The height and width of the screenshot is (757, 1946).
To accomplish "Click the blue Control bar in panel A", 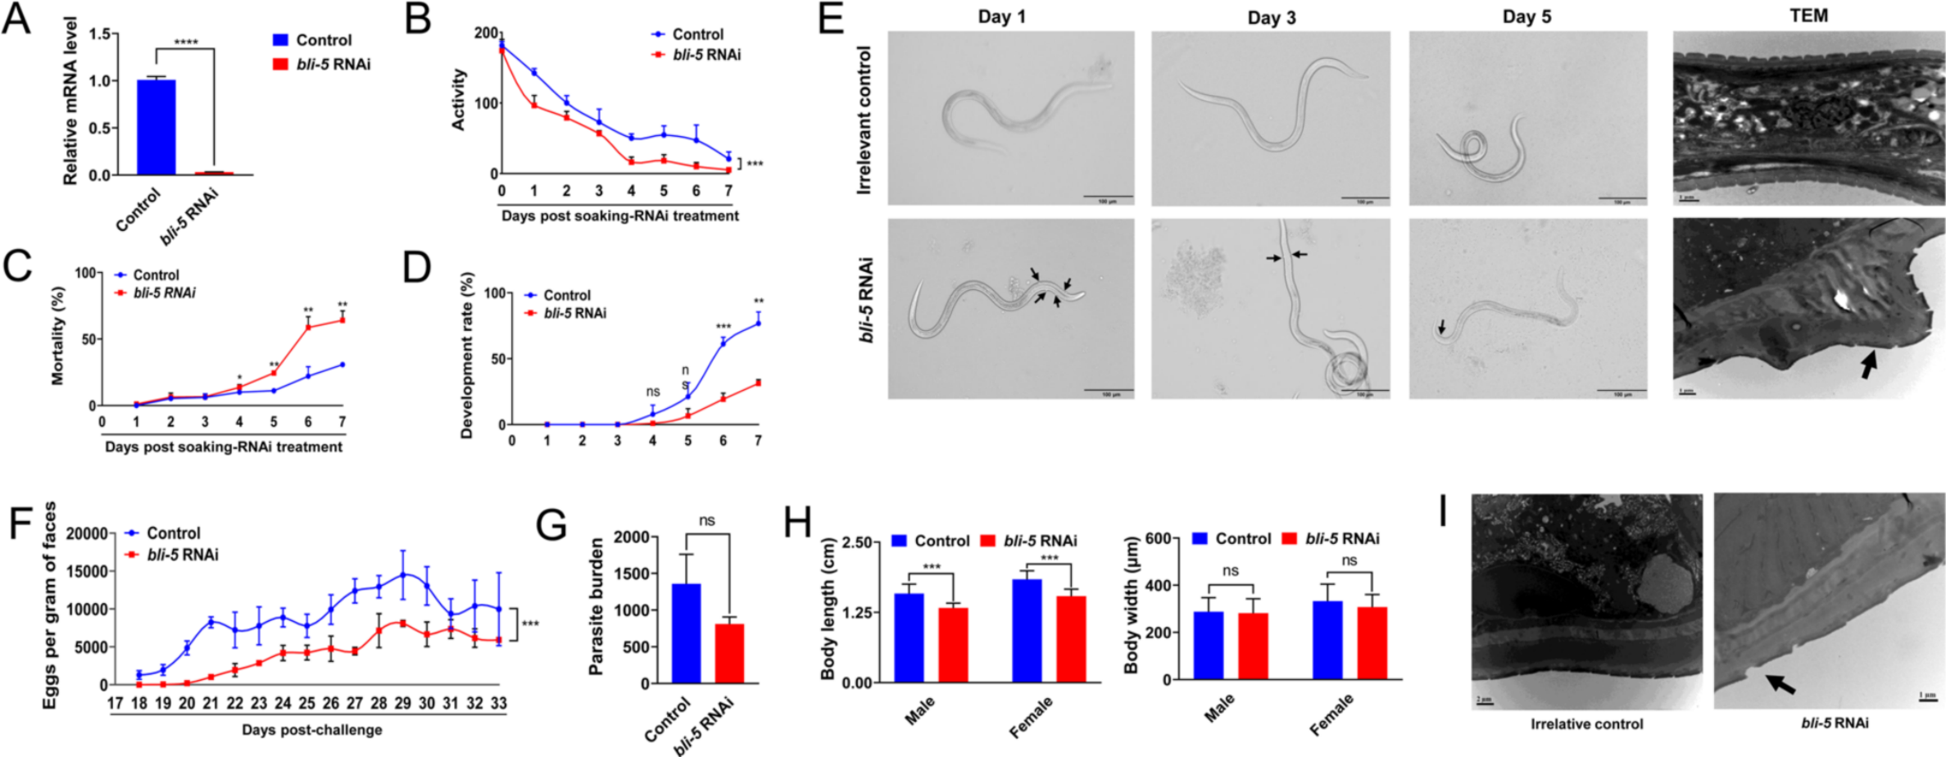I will coord(156,127).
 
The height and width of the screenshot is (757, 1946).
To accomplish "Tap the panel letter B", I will coord(418,18).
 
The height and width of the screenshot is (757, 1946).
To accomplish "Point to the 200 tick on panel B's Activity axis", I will coord(486,33).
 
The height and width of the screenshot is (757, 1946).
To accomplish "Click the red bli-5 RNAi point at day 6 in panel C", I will coord(309,327).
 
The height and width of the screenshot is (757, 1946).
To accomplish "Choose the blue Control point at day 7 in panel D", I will coord(758,324).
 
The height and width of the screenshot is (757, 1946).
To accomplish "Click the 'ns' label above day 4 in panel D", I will coord(653,392).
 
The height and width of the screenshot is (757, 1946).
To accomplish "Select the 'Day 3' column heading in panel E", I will coord(1272,18).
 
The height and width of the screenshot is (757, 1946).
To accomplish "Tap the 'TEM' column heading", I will coord(1808,16).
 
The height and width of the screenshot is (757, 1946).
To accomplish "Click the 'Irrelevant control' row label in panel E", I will coord(864,120).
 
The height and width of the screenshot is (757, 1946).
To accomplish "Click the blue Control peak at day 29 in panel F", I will coord(402,575).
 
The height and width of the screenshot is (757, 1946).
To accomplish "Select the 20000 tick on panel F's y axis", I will coord(87,534).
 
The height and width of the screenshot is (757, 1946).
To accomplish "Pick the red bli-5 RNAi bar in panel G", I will coord(729,653).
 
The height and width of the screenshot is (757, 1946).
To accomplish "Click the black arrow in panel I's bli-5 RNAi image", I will coord(1780,683).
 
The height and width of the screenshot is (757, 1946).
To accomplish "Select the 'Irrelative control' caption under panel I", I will coord(1586,724).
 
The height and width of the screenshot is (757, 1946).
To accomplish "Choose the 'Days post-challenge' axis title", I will coord(311,729).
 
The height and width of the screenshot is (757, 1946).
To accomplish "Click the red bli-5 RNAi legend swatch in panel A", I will coord(280,64).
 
